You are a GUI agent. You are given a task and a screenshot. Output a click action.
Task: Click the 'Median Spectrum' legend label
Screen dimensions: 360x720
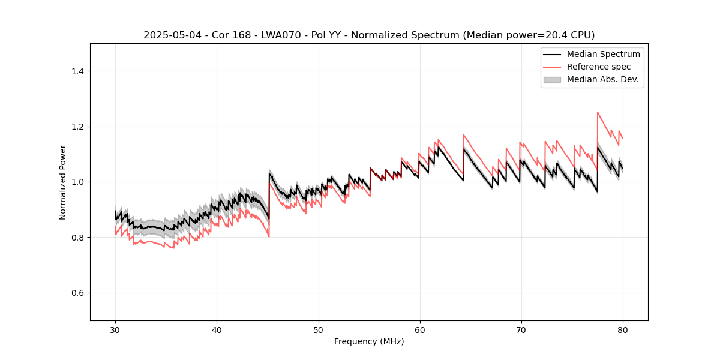coord(603,54)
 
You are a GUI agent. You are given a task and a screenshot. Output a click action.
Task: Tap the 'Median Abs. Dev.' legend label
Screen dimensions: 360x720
coord(603,79)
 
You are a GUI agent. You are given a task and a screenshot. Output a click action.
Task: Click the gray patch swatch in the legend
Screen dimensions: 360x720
coord(552,79)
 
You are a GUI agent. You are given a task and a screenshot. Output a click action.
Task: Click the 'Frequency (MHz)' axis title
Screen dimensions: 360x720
coord(369,341)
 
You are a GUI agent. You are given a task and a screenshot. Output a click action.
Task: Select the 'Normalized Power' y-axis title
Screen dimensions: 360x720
coord(63,182)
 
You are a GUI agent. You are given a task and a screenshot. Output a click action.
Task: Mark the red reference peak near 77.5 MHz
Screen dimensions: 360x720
coord(598,112)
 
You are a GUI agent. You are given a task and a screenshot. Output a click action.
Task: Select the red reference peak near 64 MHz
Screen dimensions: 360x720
coord(464,135)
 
